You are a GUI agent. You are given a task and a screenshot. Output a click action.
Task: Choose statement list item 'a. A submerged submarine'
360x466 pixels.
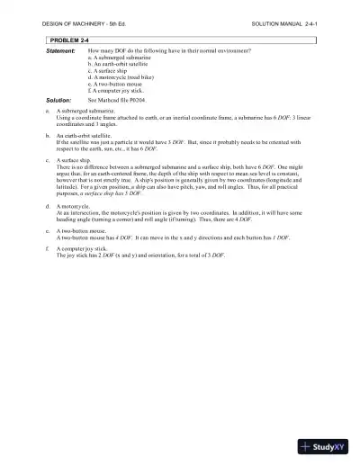121,59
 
